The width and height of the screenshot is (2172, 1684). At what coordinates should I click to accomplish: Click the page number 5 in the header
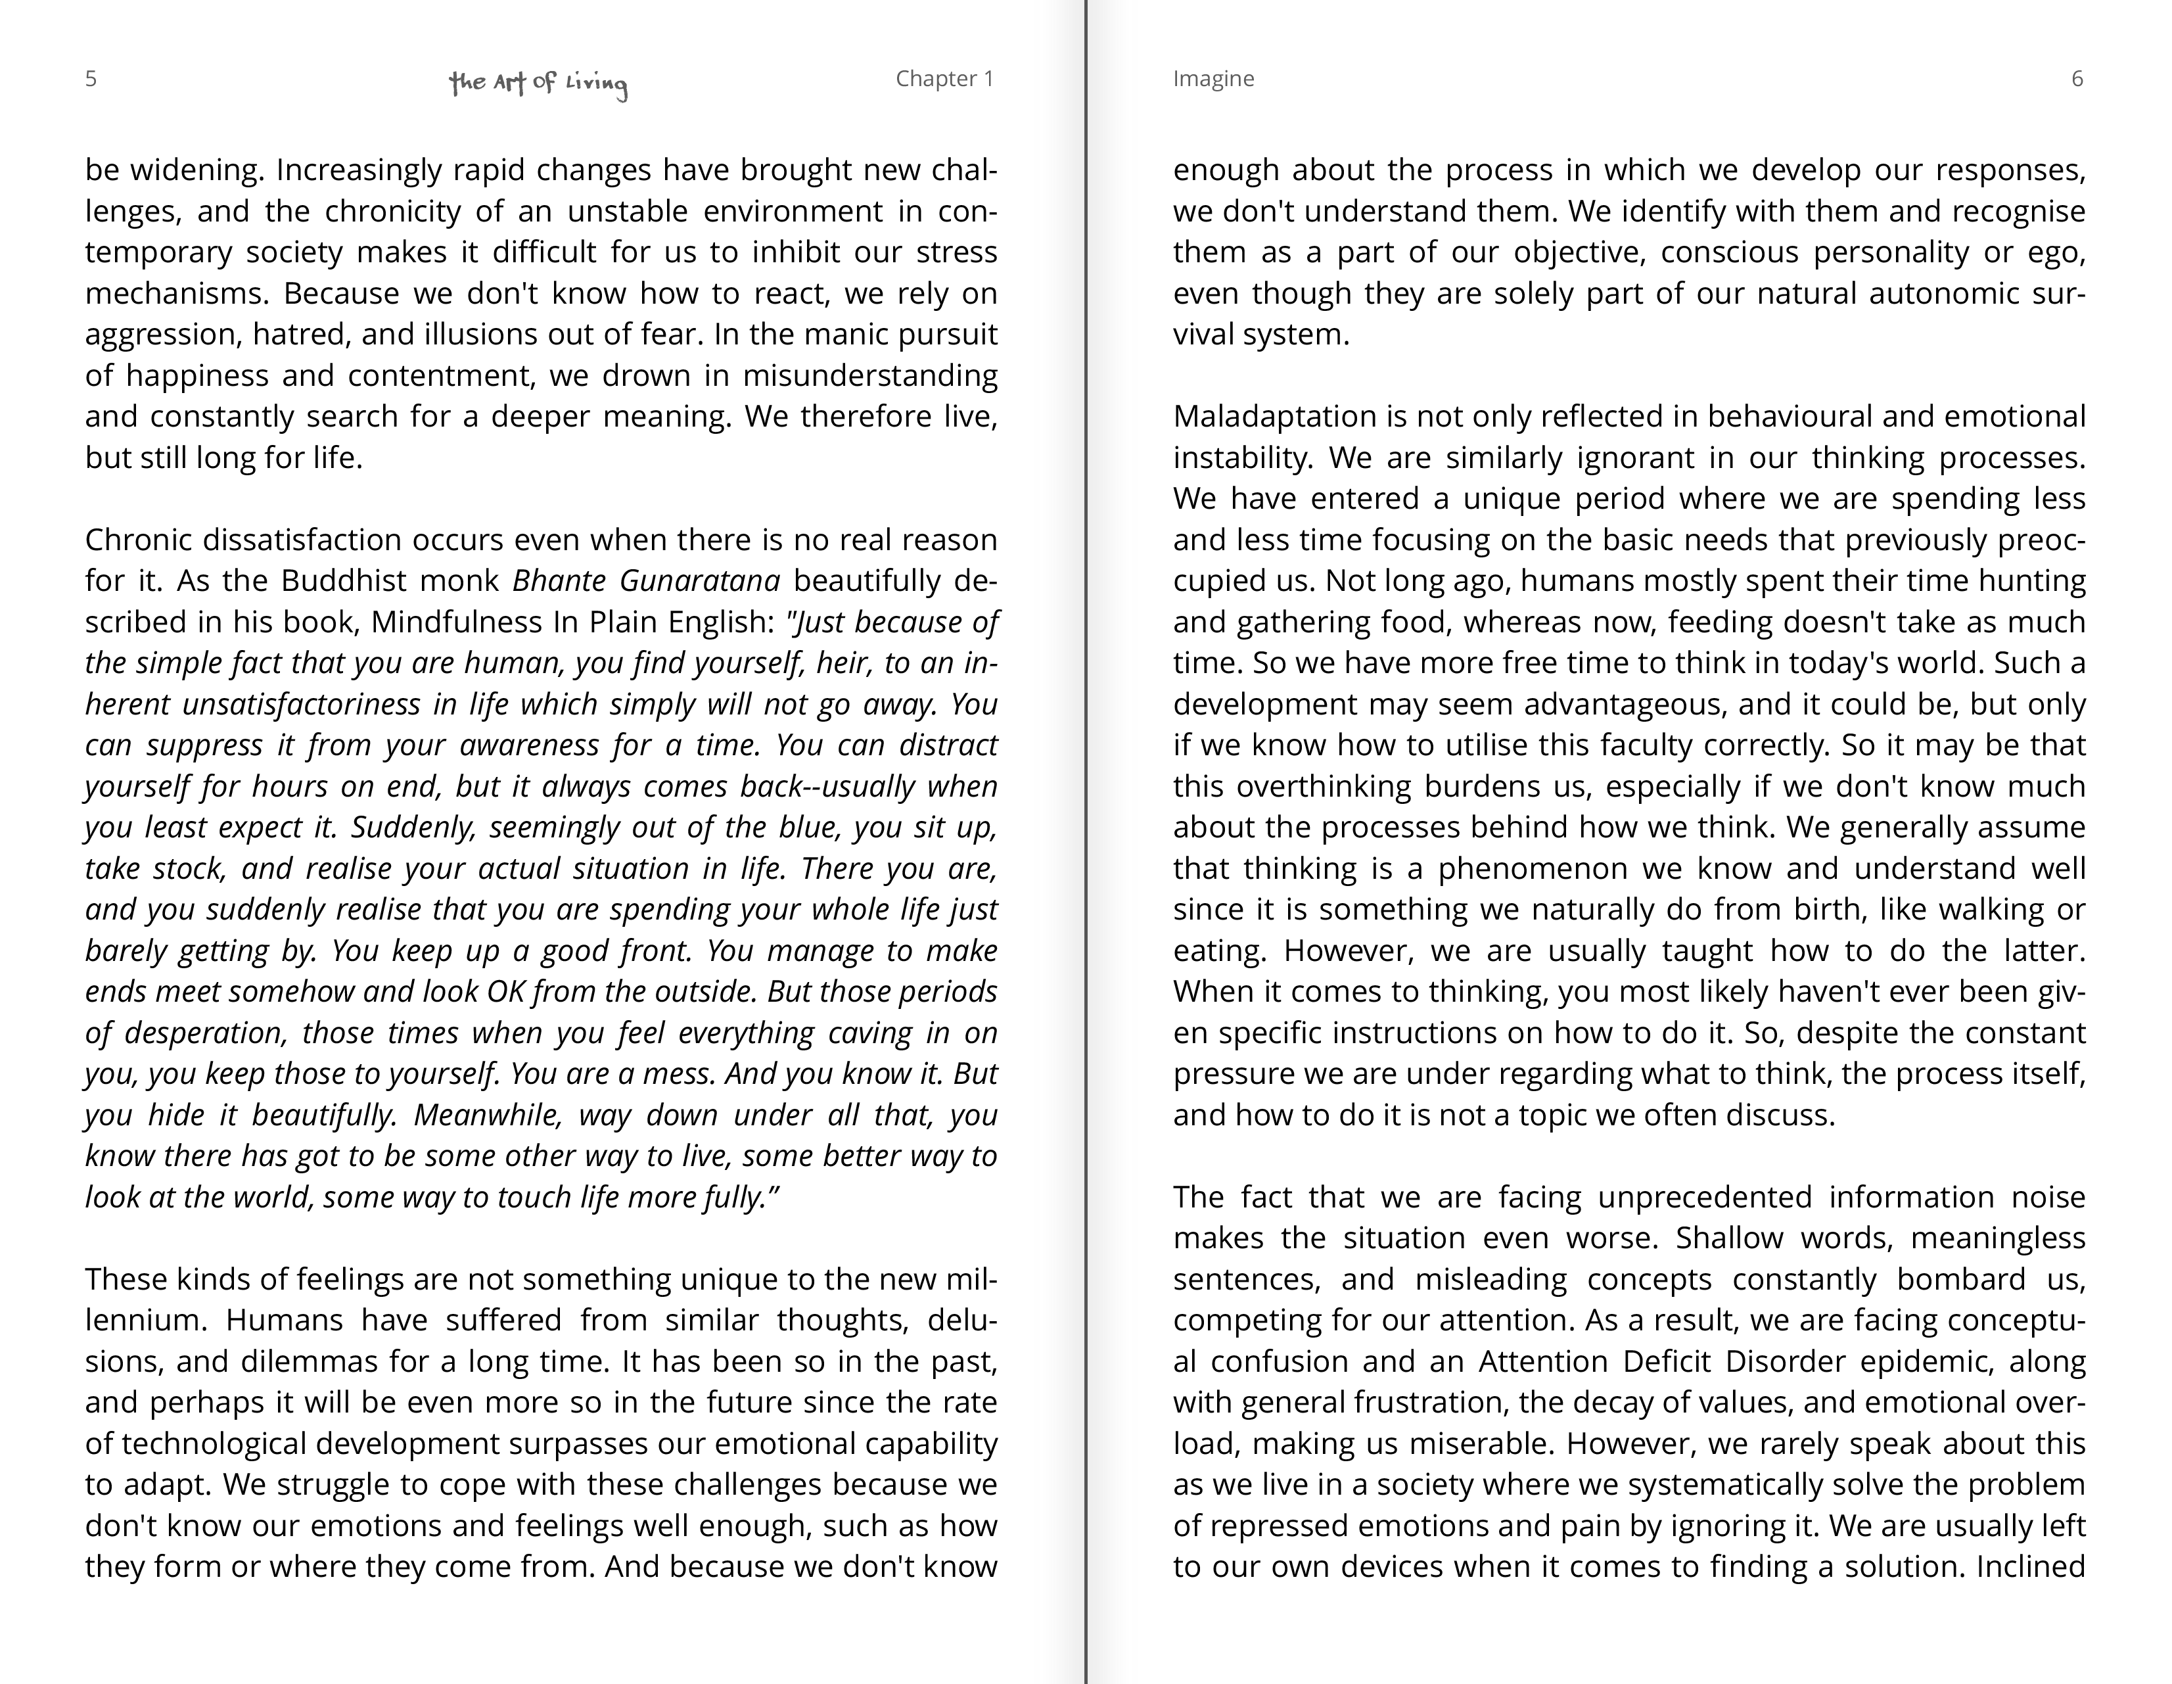pyautogui.click(x=91, y=79)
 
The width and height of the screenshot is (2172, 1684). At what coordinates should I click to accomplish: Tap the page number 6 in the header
pyautogui.click(x=2077, y=79)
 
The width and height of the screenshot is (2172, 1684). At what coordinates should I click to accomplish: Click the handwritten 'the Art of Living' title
pyautogui.click(x=538, y=83)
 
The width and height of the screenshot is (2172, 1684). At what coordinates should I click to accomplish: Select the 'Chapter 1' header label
pyautogui.click(x=944, y=79)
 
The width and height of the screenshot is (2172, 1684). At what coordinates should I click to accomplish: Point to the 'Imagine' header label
pyautogui.click(x=1213, y=79)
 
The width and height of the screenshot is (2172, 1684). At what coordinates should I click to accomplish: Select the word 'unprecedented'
pyautogui.click(x=1705, y=1196)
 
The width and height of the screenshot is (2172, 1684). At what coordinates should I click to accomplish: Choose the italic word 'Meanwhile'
pyautogui.click(x=488, y=1115)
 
